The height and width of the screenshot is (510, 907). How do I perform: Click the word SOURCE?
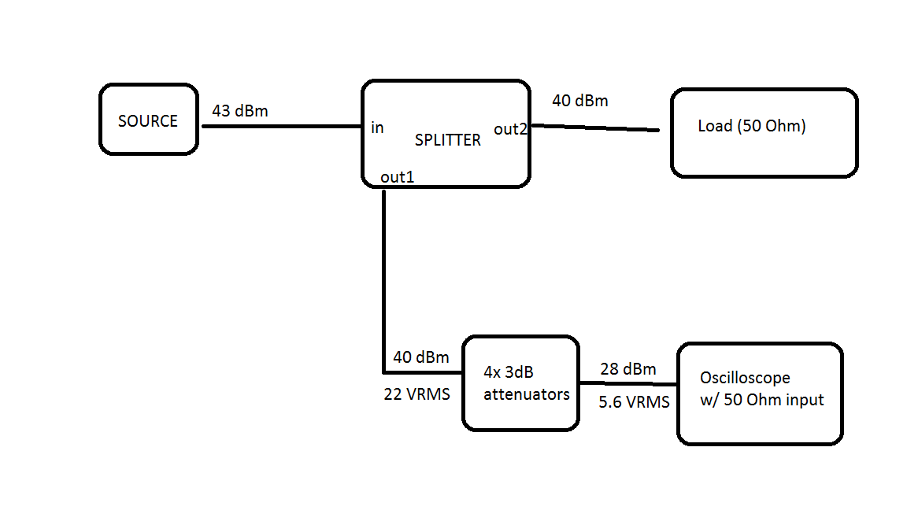pyautogui.click(x=148, y=121)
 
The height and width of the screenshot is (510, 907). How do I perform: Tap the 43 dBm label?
pyautogui.click(x=239, y=111)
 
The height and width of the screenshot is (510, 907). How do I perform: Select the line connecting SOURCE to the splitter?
pyautogui.click(x=280, y=125)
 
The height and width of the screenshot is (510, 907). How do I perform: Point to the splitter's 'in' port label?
pyautogui.click(x=377, y=128)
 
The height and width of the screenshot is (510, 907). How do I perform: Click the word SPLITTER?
pyautogui.click(x=447, y=140)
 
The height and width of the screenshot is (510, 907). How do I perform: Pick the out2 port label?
pyautogui.click(x=510, y=129)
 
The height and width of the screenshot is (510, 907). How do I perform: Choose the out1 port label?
pyautogui.click(x=397, y=177)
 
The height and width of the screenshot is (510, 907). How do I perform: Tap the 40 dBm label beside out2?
pyautogui.click(x=579, y=101)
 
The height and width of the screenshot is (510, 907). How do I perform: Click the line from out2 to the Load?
pyautogui.click(x=594, y=128)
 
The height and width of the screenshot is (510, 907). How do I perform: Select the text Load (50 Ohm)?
pyautogui.click(x=751, y=126)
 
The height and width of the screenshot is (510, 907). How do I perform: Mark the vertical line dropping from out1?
pyautogui.click(x=383, y=275)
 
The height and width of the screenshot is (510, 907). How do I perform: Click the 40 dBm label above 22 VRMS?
pyautogui.click(x=421, y=357)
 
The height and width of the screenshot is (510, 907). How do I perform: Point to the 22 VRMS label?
pyautogui.click(x=416, y=394)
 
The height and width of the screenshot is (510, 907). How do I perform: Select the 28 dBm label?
pyautogui.click(x=627, y=369)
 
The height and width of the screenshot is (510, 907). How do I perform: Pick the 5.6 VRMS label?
pyautogui.click(x=634, y=402)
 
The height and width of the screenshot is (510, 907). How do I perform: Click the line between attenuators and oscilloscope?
pyautogui.click(x=627, y=385)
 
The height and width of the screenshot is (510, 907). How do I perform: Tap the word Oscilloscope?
pyautogui.click(x=745, y=378)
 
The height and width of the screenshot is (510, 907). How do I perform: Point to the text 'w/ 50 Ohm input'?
pyautogui.click(x=761, y=400)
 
